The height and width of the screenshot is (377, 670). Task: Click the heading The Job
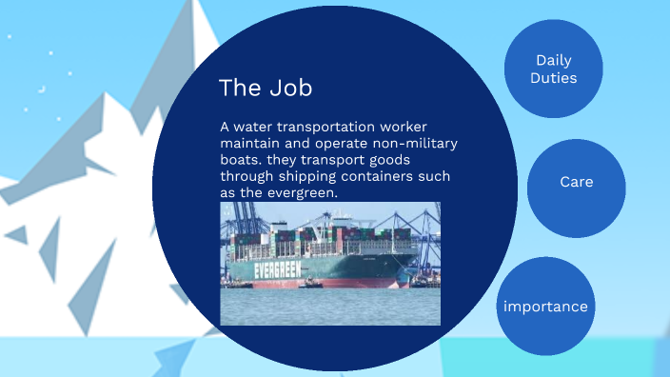point(266,88)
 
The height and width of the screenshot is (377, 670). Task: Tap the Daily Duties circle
point(553,69)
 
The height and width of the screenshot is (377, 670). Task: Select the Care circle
point(576,182)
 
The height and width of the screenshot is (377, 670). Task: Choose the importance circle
point(545,307)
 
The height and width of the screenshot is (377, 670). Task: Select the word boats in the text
point(241,161)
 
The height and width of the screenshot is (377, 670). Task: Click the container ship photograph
point(330,264)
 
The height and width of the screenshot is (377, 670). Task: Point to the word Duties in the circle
point(553,78)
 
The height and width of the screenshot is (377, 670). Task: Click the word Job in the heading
point(289,88)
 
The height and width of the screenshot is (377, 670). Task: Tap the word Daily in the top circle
point(553,60)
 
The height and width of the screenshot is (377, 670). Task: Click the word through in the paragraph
point(248,177)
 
